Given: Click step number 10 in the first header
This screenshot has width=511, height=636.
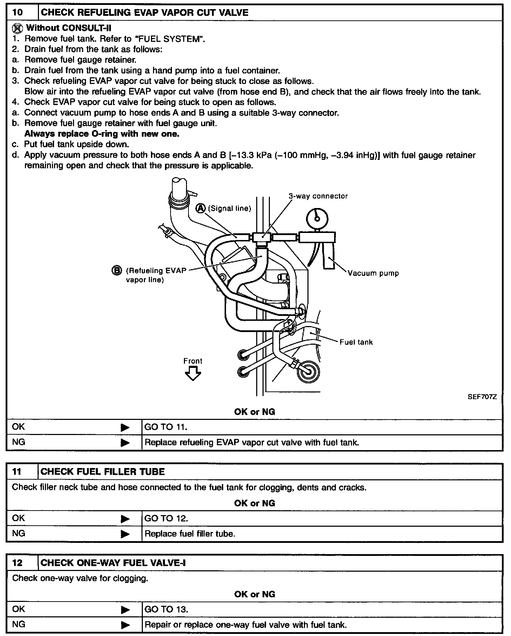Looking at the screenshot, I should pos(18,13).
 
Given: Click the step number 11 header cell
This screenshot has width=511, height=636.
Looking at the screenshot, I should pos(18,472).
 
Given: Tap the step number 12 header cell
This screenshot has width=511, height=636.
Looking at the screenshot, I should pos(18,563).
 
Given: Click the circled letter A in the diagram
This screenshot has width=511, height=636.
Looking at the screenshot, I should pos(200,208).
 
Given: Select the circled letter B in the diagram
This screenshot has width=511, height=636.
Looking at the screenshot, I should pos(116,270).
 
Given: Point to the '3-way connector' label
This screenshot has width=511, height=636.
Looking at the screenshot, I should pos(318,196).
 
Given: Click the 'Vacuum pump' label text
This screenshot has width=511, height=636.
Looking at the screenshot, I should pos(373,273).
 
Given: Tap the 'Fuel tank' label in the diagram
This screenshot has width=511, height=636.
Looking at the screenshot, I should pos(356,342).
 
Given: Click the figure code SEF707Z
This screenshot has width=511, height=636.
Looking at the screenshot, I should pos(482,397).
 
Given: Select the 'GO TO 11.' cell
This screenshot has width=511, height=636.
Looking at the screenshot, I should pos(166,427).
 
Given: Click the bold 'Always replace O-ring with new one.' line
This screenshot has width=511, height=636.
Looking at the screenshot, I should pos(102,134).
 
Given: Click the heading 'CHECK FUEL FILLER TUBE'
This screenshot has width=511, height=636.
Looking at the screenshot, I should pos(103,472).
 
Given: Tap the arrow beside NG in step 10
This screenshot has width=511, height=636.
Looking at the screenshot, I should pos(125,443).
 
